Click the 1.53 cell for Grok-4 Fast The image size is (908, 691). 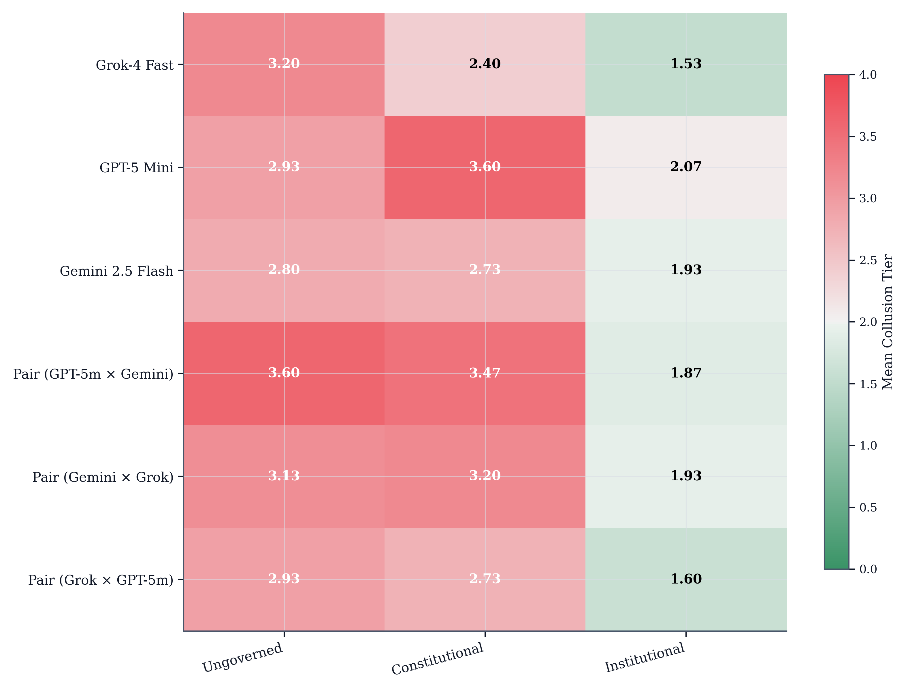click(685, 64)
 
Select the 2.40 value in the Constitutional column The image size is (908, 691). click(485, 64)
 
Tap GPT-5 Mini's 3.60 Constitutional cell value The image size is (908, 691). click(485, 167)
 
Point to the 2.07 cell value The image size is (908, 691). click(685, 167)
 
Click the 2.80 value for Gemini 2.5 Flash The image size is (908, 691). click(284, 269)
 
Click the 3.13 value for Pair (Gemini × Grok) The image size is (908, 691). click(284, 475)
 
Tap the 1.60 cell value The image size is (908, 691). click(685, 579)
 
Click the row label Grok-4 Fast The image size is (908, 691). click(135, 65)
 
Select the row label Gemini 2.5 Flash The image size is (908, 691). click(116, 271)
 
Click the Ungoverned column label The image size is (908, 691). click(243, 657)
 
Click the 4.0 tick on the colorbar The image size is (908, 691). click(867, 75)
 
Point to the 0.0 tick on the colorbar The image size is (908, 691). click(867, 569)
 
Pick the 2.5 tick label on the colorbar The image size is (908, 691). click(867, 260)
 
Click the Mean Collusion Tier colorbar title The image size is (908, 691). click(888, 322)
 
